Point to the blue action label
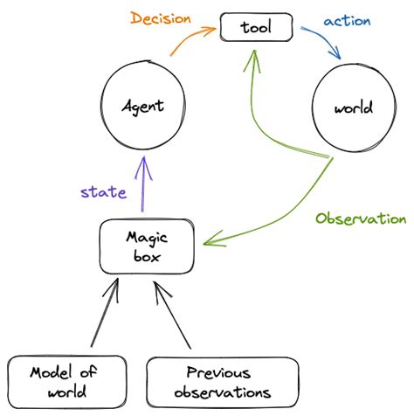(x=347, y=20)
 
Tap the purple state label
(x=102, y=192)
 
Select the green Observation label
(x=361, y=218)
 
